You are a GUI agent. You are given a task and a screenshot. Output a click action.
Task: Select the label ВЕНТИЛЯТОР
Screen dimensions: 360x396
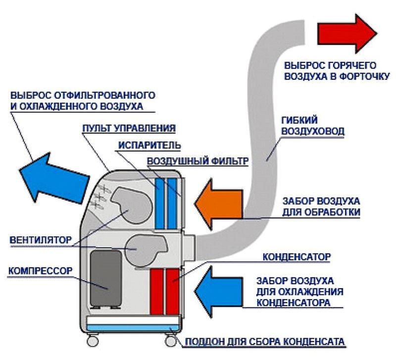[x=40, y=240]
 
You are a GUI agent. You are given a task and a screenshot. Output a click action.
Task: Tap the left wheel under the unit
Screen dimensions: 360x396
[x=92, y=341]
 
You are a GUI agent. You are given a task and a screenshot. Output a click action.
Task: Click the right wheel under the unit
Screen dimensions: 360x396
[x=170, y=341]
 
